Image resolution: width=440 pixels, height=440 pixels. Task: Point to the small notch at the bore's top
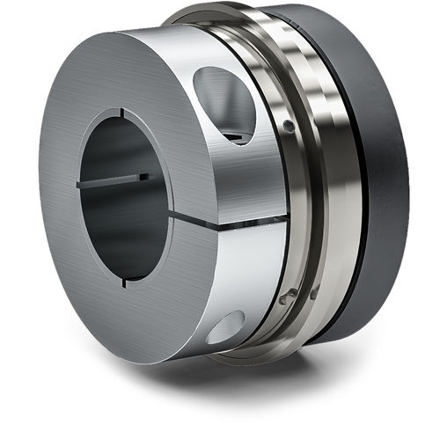[121, 114]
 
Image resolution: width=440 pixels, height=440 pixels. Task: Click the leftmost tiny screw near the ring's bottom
[283, 299]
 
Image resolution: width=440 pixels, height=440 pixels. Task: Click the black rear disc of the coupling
[378, 176]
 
